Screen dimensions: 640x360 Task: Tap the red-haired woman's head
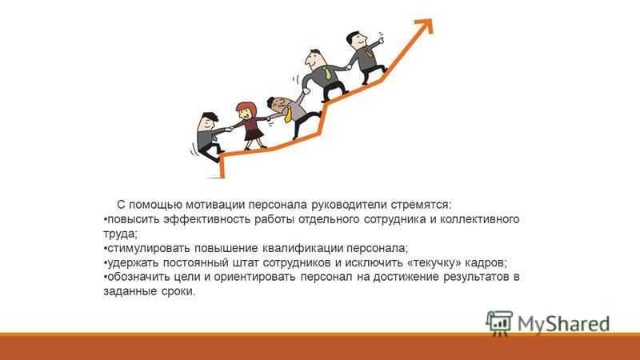[246, 110]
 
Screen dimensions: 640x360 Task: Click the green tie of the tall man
[327, 73]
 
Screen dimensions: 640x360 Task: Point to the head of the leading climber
[357, 39]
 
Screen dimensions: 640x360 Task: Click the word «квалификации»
[302, 248]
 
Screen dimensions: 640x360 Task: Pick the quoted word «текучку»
[436, 262]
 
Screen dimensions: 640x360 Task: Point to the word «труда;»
[121, 234]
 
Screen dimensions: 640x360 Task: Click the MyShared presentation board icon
[499, 323]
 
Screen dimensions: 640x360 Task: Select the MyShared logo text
[564, 323]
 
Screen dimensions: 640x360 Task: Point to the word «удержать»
[132, 262]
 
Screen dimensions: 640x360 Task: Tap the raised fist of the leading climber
[381, 40]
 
